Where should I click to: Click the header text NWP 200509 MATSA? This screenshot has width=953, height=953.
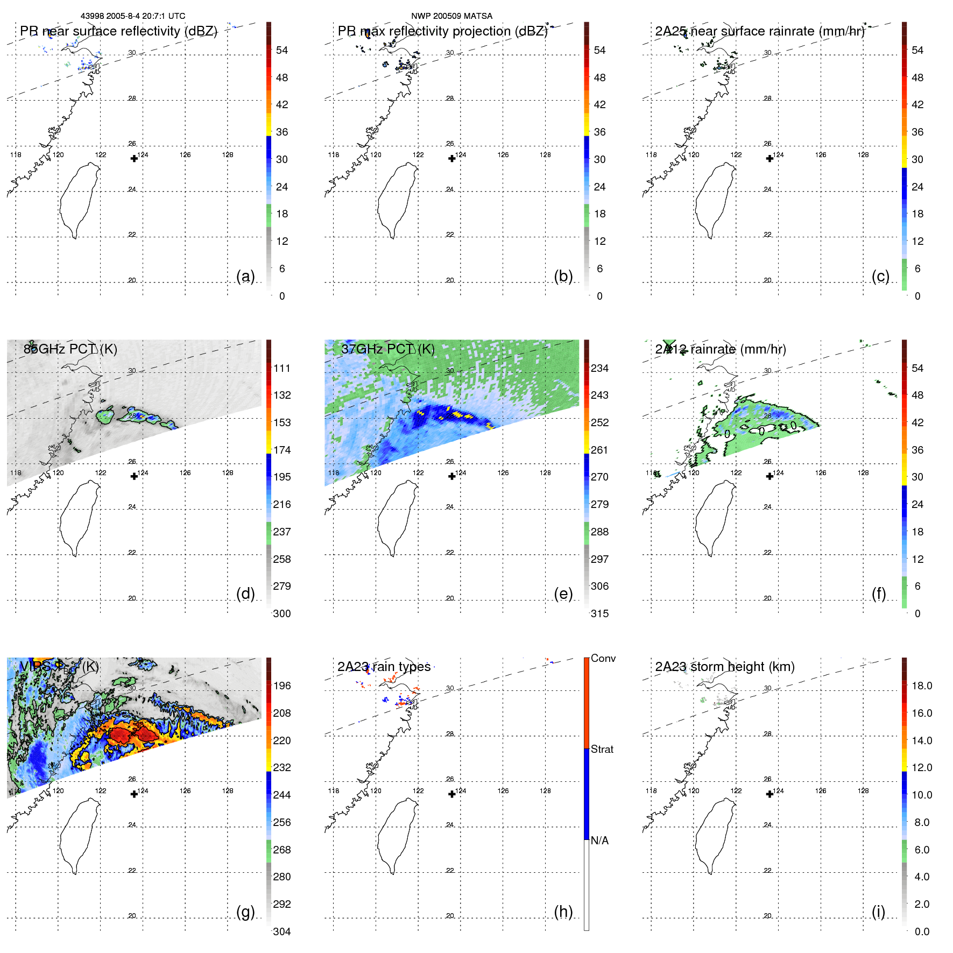click(451, 16)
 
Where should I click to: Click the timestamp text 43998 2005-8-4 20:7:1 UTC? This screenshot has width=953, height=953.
click(133, 16)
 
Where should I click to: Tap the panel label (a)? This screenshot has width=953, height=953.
click(245, 276)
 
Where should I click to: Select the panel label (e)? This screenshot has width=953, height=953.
click(563, 594)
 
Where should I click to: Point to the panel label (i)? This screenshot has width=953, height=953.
click(878, 912)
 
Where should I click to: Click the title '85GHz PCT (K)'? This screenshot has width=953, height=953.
click(70, 349)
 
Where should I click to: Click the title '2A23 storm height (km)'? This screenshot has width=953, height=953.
click(725, 667)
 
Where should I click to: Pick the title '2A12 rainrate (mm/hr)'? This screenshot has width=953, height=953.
click(721, 349)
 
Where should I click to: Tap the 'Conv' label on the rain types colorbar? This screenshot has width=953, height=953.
click(603, 658)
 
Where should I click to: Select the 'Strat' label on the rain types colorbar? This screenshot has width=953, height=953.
click(602, 749)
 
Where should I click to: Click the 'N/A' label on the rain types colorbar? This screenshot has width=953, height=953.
click(599, 841)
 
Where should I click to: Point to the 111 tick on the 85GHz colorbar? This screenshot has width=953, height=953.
click(282, 368)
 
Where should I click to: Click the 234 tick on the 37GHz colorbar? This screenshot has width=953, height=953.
click(599, 368)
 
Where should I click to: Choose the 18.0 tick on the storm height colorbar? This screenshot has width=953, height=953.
click(922, 686)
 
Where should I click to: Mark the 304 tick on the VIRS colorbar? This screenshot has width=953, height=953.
click(282, 931)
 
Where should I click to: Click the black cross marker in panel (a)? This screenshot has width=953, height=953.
click(134, 158)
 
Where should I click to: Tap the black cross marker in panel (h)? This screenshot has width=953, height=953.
click(452, 794)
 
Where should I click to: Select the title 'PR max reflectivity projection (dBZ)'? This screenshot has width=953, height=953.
click(442, 31)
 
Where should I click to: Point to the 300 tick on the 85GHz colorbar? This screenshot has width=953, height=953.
click(282, 613)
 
